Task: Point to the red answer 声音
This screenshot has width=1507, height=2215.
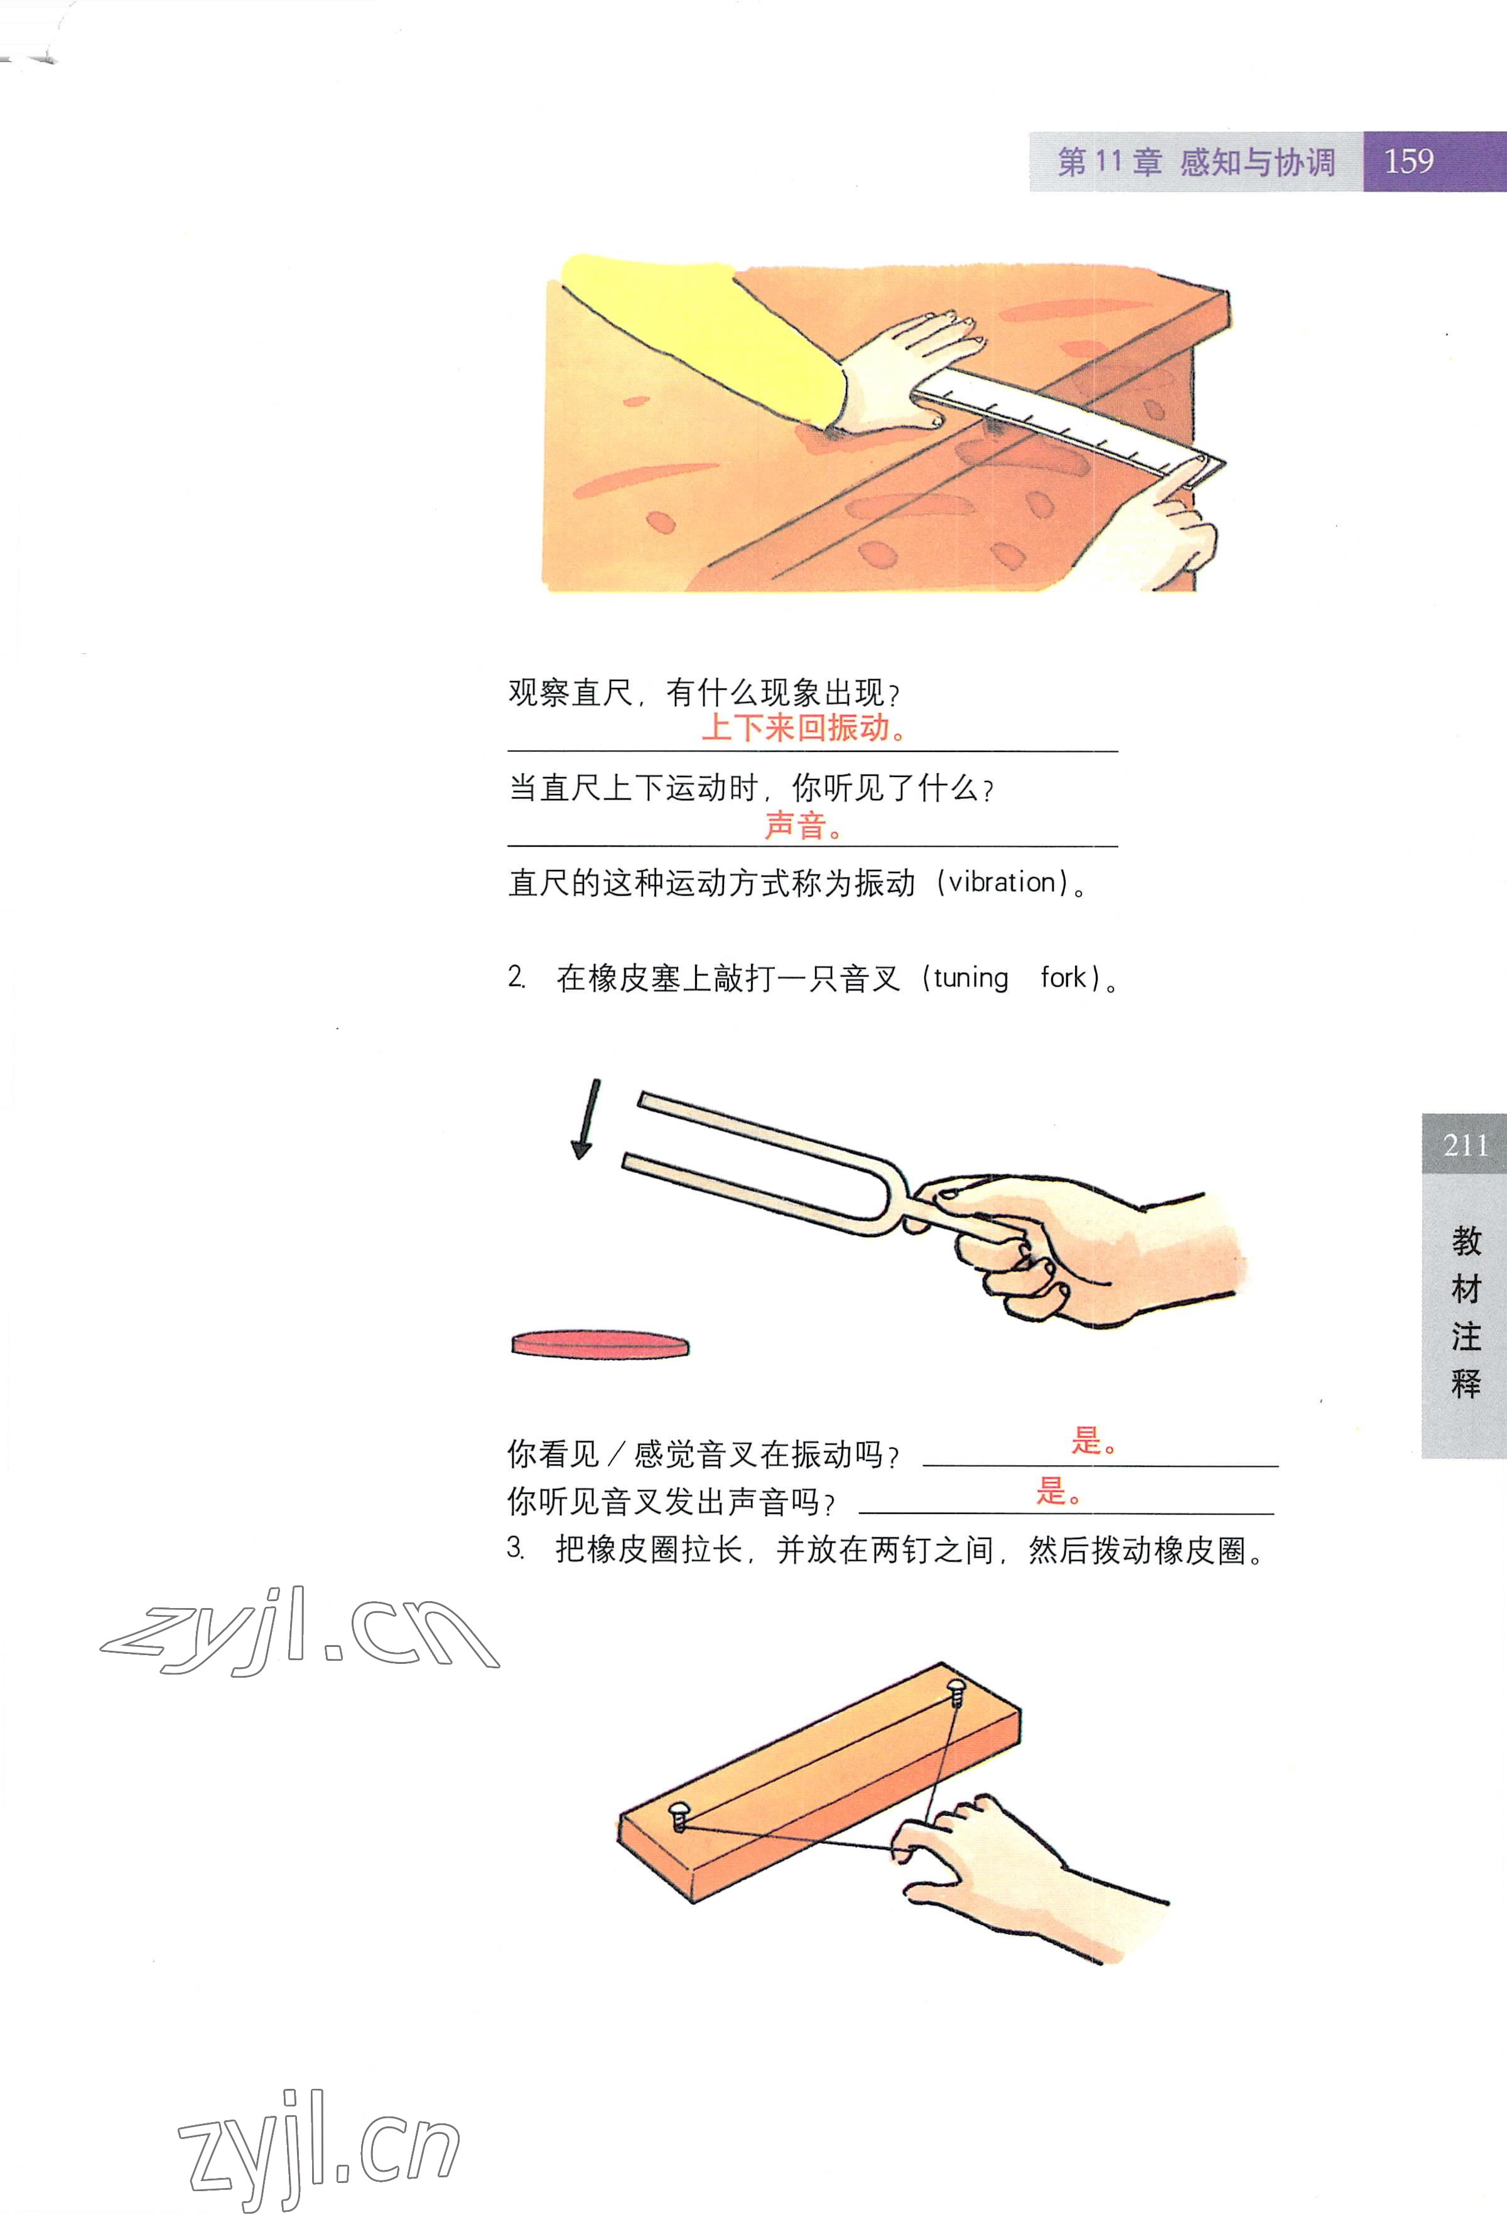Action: click(804, 825)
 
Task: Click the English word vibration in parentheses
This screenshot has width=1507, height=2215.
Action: click(1003, 882)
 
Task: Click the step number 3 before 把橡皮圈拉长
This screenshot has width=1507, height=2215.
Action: click(515, 1549)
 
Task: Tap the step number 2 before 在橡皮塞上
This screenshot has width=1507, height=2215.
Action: click(515, 977)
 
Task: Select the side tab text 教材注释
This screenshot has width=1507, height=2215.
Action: click(1465, 1311)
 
